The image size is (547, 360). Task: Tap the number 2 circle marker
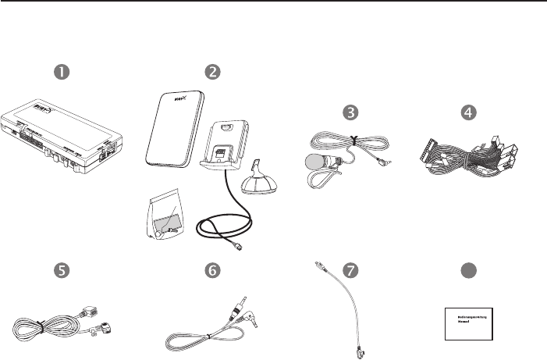click(x=211, y=71)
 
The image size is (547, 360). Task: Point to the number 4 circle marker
click(x=467, y=112)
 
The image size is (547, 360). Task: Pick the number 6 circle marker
click(x=211, y=269)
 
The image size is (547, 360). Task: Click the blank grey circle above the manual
click(x=467, y=269)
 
